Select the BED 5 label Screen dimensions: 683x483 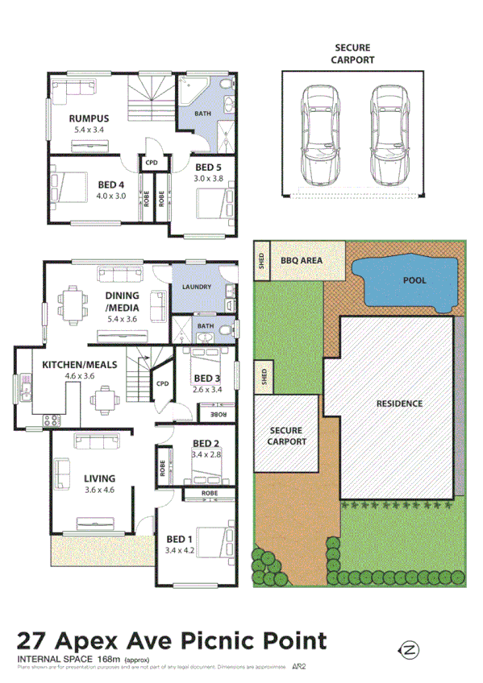(207, 168)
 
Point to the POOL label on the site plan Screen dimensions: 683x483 (414, 281)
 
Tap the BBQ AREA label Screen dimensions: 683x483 (302, 260)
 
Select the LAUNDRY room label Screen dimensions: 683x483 (197, 287)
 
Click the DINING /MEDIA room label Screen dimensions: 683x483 (123, 300)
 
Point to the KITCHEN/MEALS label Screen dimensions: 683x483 (80, 365)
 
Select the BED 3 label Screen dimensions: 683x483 (206, 379)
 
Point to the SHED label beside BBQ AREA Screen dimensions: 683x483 (261, 260)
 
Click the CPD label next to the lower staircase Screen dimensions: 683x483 (161, 384)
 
